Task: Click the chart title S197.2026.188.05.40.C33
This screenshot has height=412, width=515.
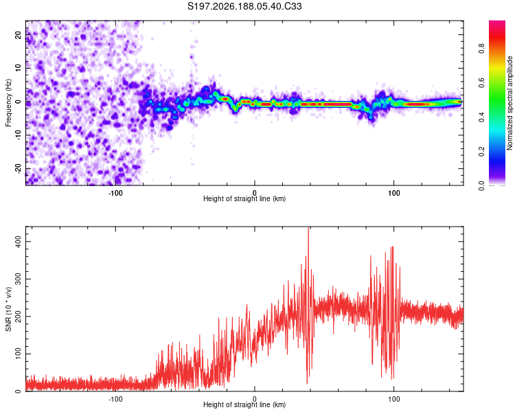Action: (x=244, y=6)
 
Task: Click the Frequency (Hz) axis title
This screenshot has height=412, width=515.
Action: (x=8, y=102)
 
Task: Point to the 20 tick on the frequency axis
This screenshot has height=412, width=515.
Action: (x=19, y=34)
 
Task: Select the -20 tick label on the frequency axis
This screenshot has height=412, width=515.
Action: (x=19, y=168)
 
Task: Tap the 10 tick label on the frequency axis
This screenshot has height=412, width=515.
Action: (x=19, y=68)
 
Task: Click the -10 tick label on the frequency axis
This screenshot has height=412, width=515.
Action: (x=19, y=135)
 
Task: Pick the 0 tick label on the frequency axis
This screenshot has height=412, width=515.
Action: (x=19, y=102)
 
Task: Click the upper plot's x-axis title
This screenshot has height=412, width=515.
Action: (x=244, y=198)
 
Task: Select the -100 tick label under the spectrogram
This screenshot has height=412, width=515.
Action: (x=115, y=193)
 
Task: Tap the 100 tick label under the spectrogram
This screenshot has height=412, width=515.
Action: (x=394, y=193)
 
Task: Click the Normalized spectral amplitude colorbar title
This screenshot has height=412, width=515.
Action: (x=510, y=103)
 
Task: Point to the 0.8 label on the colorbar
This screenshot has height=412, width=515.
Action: (x=481, y=49)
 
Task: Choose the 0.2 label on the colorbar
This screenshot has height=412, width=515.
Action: (x=481, y=152)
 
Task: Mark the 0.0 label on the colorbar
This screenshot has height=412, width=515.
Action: (x=481, y=186)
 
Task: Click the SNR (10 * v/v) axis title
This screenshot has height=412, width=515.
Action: (x=8, y=309)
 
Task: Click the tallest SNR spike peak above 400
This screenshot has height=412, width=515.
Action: (x=308, y=227)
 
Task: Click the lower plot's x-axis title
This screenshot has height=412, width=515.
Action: (x=244, y=404)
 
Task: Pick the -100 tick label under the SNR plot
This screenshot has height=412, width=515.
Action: (x=115, y=399)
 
